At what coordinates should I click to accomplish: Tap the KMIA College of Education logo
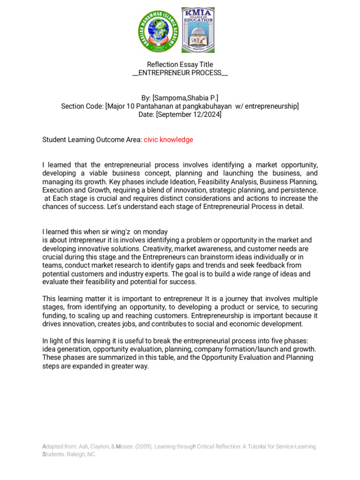(x=198, y=30)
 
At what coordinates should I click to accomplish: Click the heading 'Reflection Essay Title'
(x=180, y=64)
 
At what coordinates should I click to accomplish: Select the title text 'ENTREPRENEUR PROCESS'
(x=180, y=73)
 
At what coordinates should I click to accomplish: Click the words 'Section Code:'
(x=82, y=106)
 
